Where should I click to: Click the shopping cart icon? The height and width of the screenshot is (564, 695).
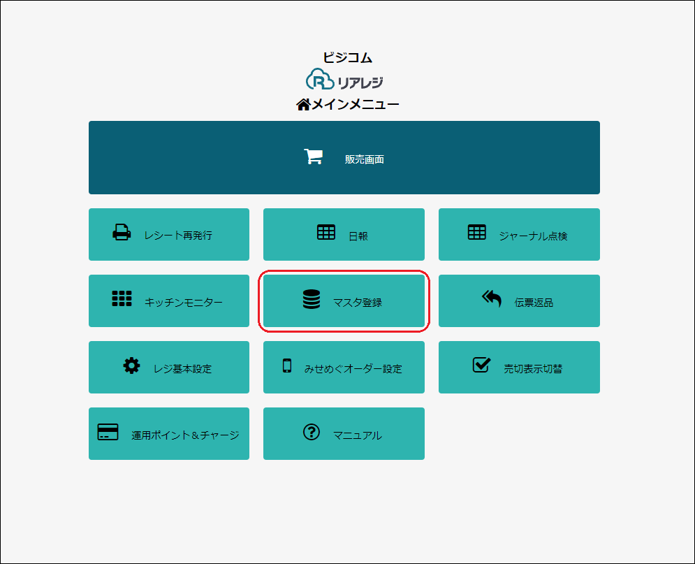[x=314, y=157]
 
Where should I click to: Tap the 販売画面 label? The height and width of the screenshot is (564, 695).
[x=365, y=159]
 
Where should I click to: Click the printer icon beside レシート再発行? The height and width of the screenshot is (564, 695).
[x=122, y=232]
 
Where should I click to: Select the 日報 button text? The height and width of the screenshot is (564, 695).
[x=358, y=236]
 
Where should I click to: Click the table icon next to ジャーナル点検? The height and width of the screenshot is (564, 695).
[x=477, y=232]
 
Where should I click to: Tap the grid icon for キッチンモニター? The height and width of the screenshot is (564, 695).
[x=122, y=298]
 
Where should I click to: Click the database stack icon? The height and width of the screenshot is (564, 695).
[x=312, y=299]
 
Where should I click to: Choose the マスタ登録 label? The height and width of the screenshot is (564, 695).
[x=357, y=303]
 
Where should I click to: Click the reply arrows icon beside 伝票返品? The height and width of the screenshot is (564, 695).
[x=492, y=298]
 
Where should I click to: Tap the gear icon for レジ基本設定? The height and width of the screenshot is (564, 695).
[x=131, y=366]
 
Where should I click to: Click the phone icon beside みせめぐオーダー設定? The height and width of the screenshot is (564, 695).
[x=287, y=366]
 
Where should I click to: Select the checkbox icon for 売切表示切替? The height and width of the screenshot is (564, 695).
[x=481, y=365]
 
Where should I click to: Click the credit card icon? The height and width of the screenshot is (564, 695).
[x=108, y=432]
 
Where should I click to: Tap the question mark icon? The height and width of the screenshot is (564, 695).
[x=312, y=432]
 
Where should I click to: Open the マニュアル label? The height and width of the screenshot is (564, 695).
[x=357, y=435]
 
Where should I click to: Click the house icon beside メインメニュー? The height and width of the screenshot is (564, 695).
[x=303, y=105]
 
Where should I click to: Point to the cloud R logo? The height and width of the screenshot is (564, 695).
[x=320, y=80]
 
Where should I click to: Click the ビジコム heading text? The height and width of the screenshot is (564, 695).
[x=348, y=57]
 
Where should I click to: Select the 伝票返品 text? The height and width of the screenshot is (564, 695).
[x=534, y=303]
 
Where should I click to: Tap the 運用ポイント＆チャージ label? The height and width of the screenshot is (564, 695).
[x=185, y=435]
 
